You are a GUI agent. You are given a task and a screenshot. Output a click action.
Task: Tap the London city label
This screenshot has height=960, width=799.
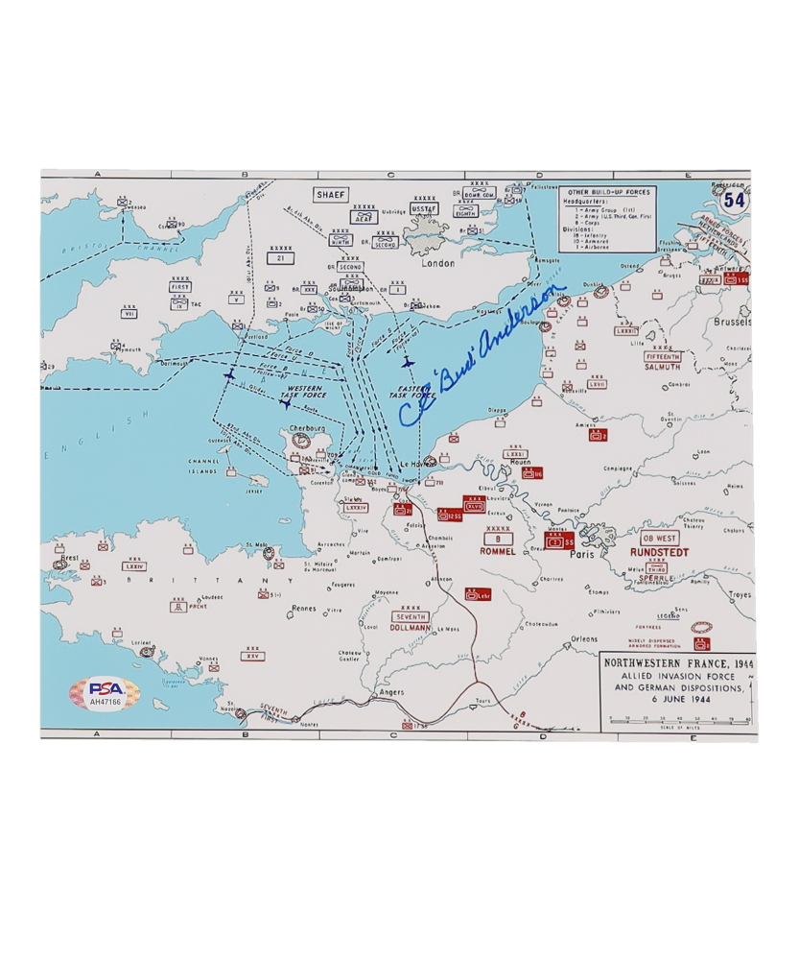[x=437, y=263]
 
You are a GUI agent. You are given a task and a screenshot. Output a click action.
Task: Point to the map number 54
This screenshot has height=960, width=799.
[x=734, y=200]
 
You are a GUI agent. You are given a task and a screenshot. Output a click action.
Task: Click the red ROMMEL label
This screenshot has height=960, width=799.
[x=499, y=552]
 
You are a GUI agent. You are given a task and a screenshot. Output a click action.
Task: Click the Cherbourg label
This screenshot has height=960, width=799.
[x=302, y=429]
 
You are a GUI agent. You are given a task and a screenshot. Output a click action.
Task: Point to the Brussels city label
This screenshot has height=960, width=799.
[x=732, y=323]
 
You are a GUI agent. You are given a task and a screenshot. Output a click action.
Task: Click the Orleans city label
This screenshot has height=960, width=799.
[x=582, y=638]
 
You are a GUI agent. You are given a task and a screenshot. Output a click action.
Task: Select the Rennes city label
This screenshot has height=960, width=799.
[x=303, y=609]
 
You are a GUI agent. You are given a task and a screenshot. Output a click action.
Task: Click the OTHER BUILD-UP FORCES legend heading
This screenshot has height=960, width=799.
[x=608, y=192]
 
